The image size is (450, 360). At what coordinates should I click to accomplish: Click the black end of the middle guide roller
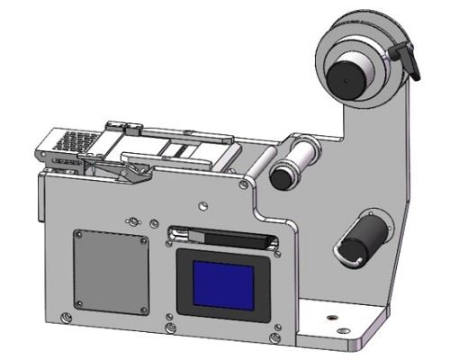coord(282,176)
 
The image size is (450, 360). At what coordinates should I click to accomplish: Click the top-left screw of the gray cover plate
coord(79,235)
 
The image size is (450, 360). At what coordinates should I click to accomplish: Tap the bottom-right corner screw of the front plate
coord(274,338)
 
